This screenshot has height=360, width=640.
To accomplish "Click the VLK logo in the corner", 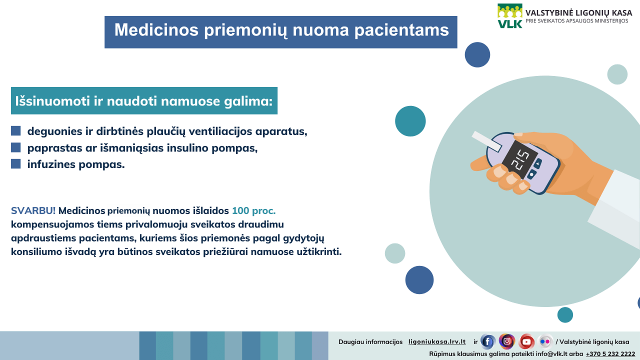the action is (509, 16).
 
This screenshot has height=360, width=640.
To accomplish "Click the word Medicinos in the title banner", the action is (156, 30).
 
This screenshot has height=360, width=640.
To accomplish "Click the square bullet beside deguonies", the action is (15, 131).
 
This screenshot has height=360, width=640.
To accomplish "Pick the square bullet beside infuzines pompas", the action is (15, 164).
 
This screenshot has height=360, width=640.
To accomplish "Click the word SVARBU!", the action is (33, 210).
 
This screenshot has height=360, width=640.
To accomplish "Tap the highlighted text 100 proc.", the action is (253, 211).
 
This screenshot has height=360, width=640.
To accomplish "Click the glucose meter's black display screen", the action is (519, 159).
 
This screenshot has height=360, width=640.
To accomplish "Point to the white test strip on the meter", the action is (486, 141).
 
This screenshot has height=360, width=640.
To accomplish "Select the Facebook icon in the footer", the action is (487, 341).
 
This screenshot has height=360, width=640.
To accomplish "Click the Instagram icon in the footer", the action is (507, 341).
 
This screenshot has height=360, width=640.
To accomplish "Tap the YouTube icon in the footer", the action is (526, 341).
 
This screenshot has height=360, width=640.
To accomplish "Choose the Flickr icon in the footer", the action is (545, 341).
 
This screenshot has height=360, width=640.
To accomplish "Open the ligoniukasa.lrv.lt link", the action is (437, 341).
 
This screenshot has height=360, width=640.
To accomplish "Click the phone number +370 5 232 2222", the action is (610, 354).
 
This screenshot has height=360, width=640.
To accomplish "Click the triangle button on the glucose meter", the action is (538, 163).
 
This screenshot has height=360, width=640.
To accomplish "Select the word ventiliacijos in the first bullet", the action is (220, 131).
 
